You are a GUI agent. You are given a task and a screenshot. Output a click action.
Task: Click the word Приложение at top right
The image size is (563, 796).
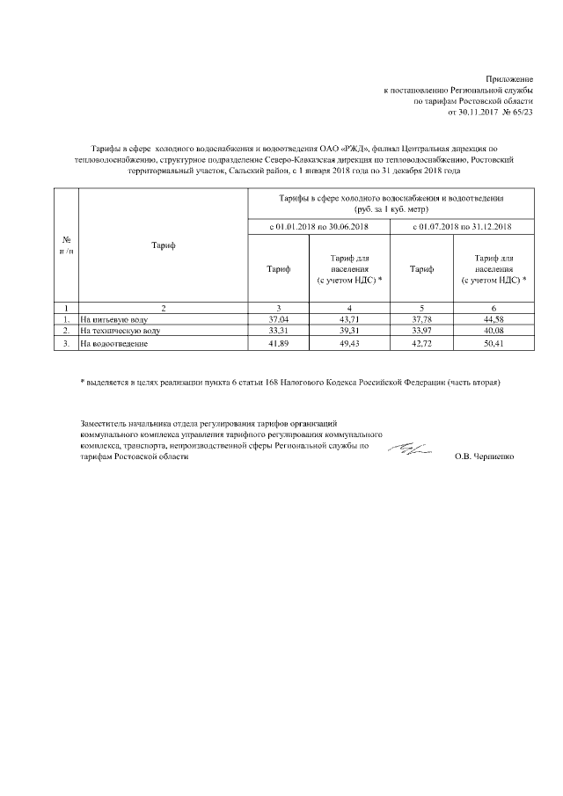[x=509, y=78]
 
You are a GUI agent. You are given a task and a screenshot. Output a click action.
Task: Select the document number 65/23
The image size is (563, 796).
[x=523, y=113]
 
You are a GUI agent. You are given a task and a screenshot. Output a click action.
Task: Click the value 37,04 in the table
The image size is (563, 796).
[x=279, y=318]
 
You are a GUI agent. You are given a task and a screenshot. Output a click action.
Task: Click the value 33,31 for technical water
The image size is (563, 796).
[x=279, y=330]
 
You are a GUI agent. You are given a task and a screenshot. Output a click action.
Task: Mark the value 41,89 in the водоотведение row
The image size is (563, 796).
[x=279, y=343]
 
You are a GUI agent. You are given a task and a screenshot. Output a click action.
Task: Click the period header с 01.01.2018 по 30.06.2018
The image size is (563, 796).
[x=319, y=228]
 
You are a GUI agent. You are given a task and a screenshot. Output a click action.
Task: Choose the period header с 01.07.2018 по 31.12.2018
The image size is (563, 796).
[x=463, y=228]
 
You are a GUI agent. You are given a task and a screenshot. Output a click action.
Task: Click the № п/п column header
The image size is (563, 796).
[x=66, y=244]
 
